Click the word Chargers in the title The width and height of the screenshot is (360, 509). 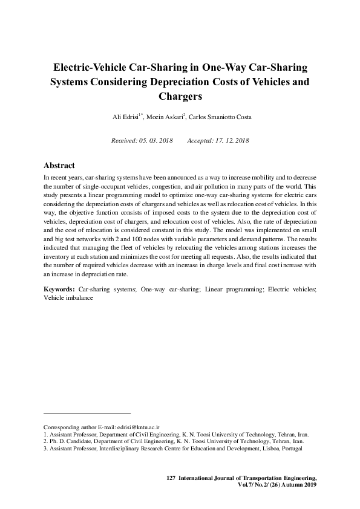point(180,96)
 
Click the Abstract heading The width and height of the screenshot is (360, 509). point(59,165)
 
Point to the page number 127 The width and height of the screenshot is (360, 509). point(170,478)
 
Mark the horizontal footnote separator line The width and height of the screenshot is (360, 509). point(87,413)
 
